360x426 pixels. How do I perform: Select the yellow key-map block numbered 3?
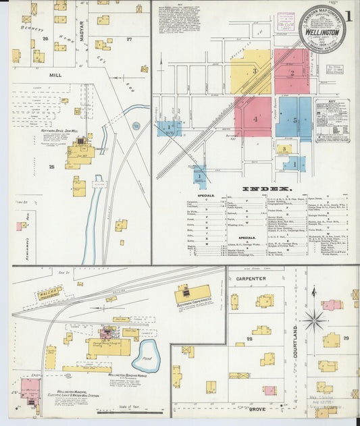[251, 71]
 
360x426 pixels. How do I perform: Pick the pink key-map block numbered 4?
[253, 117]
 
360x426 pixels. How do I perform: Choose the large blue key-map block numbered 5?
[294, 119]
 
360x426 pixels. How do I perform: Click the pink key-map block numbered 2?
[291, 71]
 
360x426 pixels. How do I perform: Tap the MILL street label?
[55, 76]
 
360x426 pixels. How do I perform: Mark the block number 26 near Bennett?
[46, 38]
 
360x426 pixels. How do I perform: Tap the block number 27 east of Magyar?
[129, 39]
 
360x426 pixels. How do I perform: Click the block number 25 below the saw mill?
[51, 166]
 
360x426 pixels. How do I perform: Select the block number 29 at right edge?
[346, 338]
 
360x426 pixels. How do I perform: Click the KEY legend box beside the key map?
[332, 120]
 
